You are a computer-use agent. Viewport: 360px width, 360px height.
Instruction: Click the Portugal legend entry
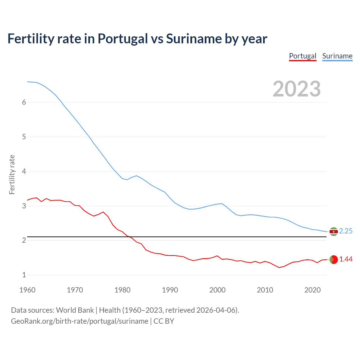tap(303, 56)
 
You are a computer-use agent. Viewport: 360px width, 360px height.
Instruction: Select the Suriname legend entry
tap(337, 56)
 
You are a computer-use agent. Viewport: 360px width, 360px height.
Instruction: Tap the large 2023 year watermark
tap(296, 89)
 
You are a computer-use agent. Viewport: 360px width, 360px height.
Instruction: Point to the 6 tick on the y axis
tap(24, 102)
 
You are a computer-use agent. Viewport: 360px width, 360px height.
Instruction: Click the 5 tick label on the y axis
tap(24, 137)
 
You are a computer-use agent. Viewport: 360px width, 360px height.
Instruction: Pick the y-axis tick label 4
tap(24, 171)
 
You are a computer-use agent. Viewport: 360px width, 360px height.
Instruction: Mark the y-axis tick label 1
tap(24, 275)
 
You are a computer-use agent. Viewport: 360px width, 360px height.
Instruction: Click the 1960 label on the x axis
tap(27, 290)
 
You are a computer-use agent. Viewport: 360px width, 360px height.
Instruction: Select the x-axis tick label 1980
tap(122, 290)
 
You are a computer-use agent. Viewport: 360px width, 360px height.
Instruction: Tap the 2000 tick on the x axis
tap(217, 290)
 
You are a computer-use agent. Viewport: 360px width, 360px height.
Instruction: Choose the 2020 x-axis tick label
tap(312, 290)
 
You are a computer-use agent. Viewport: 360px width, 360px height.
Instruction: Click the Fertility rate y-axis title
tap(12, 174)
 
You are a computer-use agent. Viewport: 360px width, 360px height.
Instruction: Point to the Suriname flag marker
tap(333, 231)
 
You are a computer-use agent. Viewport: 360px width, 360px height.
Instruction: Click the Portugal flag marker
tap(333, 260)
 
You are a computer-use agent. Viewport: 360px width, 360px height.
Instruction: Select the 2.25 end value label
tap(346, 231)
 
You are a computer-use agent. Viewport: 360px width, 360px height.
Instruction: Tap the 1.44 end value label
tap(346, 259)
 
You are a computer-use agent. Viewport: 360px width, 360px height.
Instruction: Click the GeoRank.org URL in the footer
tap(80, 321)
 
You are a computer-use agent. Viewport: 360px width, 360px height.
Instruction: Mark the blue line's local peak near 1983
tap(136, 176)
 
